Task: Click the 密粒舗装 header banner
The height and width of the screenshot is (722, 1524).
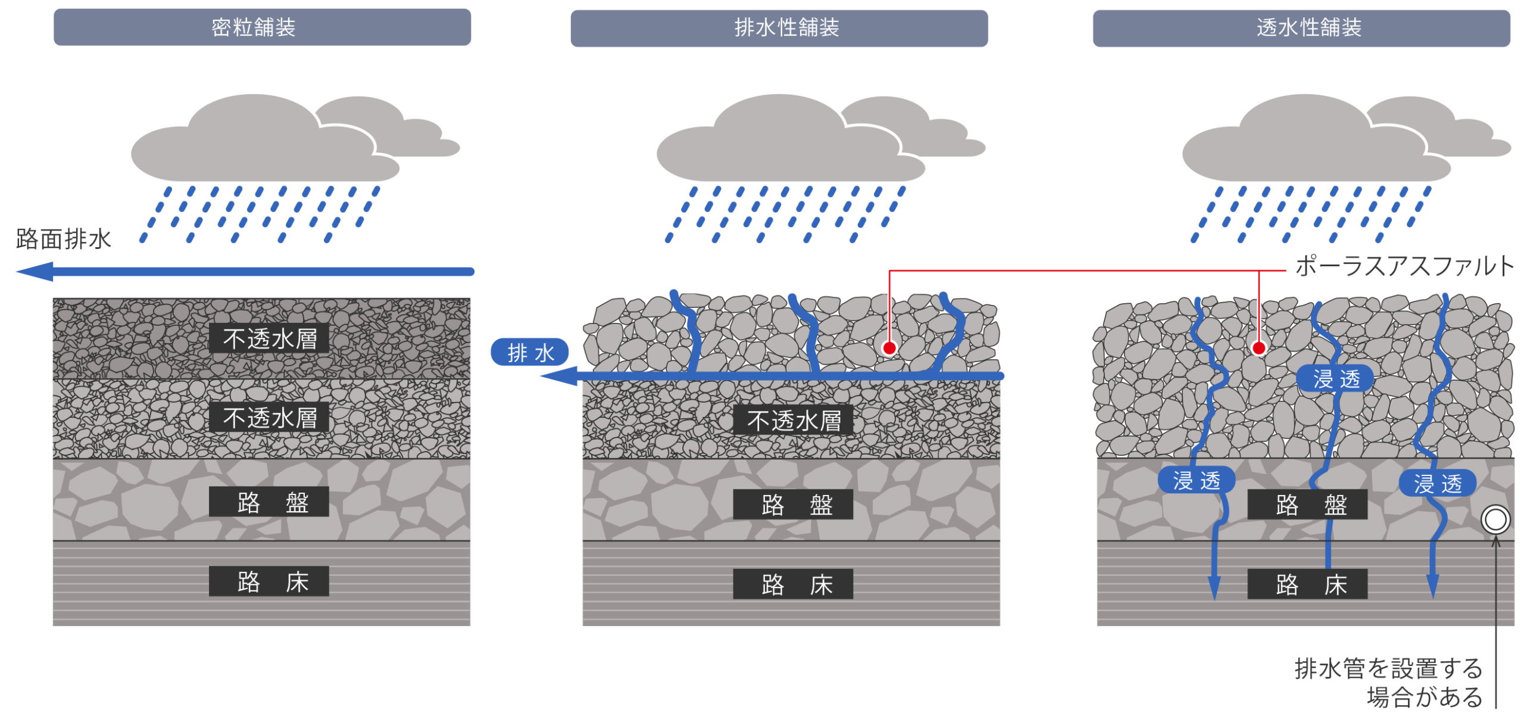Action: coord(262,27)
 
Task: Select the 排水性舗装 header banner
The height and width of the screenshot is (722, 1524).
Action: coord(779,28)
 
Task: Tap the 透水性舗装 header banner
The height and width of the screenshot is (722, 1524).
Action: coord(1301,28)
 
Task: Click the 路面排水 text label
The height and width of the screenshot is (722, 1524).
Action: coord(64,239)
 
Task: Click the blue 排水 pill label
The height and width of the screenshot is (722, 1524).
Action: coord(529,352)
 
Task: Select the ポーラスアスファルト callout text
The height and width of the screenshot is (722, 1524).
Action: coord(1404,266)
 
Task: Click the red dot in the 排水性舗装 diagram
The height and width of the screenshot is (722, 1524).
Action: coord(889,348)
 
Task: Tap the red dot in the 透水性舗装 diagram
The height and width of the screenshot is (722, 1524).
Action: coord(1258,348)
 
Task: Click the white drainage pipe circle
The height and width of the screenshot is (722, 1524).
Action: coord(1495,519)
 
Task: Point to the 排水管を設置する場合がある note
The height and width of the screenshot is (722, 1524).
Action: coord(1388,683)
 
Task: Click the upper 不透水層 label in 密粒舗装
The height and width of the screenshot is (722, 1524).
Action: coord(269,338)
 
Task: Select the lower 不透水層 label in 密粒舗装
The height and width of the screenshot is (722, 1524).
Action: coord(269,418)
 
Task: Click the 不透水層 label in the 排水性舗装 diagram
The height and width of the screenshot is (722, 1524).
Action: coord(793,421)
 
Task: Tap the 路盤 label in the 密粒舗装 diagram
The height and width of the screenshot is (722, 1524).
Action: coord(269,502)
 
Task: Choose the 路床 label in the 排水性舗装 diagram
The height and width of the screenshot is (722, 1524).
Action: coord(793,584)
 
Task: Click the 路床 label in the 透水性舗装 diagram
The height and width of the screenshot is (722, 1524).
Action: coord(1307,584)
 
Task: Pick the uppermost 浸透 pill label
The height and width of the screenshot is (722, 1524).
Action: coord(1335,379)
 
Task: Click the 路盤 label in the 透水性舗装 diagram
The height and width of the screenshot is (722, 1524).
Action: coord(1307,505)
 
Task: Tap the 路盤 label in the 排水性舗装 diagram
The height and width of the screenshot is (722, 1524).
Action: coord(793,505)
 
